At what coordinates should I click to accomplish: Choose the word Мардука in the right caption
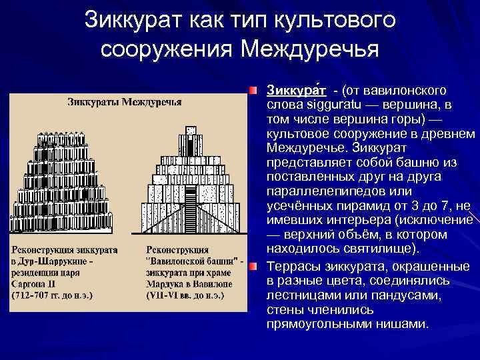coord(167,282)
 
